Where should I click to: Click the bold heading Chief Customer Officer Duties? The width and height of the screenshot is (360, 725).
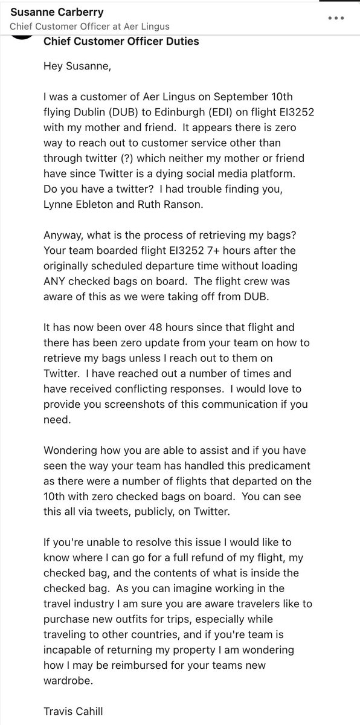[x=121, y=42]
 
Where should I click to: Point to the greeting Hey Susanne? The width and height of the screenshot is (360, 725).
[x=76, y=66]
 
